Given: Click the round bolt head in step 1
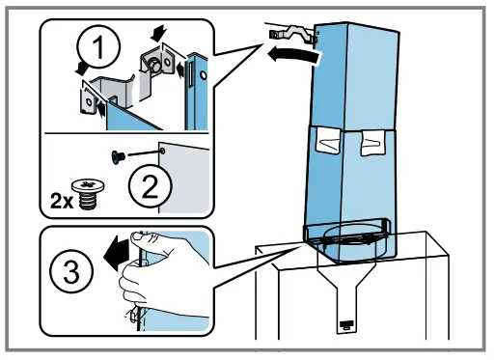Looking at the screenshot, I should pos(151,66).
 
